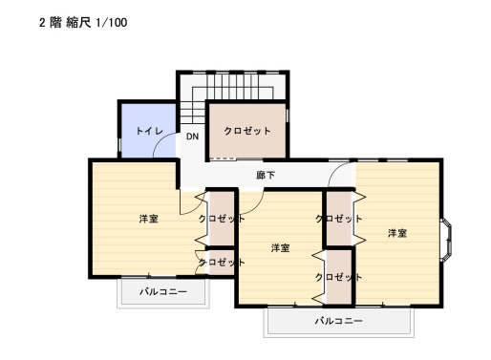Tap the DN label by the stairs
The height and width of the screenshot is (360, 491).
point(192,137)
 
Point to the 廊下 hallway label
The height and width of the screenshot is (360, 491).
point(267,175)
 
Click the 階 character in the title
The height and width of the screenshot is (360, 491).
point(56,21)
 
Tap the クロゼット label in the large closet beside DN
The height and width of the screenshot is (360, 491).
point(247,131)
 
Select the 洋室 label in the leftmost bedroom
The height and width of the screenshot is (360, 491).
point(148,220)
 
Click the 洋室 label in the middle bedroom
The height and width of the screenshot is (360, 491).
point(280,248)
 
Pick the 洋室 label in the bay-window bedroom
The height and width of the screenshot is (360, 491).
point(397,233)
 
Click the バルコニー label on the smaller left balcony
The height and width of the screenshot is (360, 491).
point(162,290)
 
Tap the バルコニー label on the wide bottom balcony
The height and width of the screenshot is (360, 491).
point(339,321)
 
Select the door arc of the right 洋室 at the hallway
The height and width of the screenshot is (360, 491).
point(341,172)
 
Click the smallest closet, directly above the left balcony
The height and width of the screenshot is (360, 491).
point(222,262)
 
